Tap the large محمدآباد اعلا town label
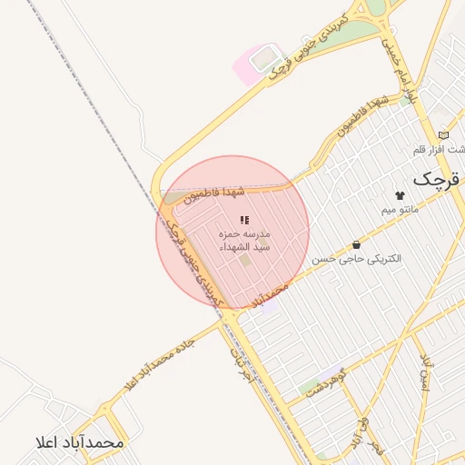[x=77, y=442]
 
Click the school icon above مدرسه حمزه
[x=244, y=220]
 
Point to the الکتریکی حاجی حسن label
[x=357, y=259]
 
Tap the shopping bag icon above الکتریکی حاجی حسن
[x=355, y=244]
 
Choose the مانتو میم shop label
[x=400, y=210]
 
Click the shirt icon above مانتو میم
[x=400, y=195]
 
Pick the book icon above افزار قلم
[x=443, y=134]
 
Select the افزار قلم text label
[x=445, y=149]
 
